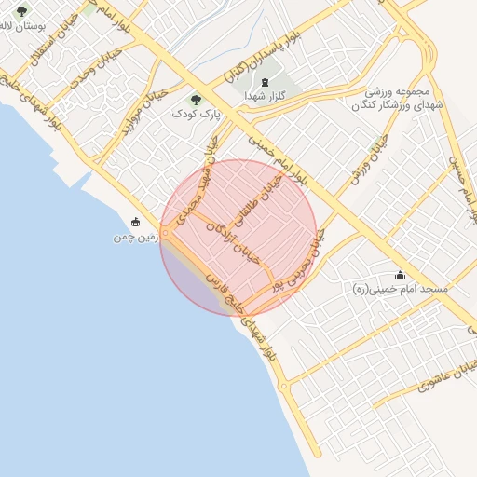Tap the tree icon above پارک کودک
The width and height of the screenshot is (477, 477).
tap(195, 100)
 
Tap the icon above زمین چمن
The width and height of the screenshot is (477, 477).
tap(137, 222)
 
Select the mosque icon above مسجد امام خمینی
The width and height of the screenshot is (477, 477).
tap(401, 275)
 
